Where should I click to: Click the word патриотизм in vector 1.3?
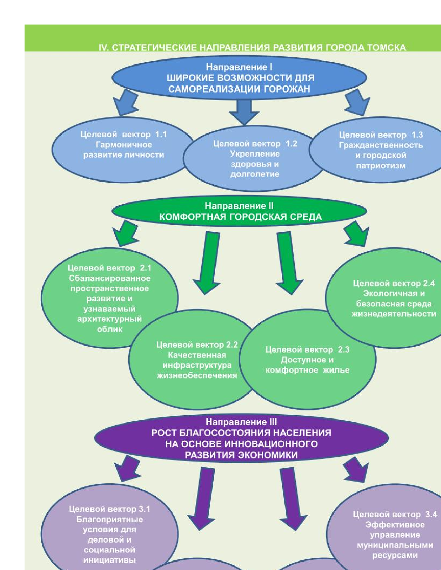point(380,165)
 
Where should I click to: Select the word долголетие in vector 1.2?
point(255,174)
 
